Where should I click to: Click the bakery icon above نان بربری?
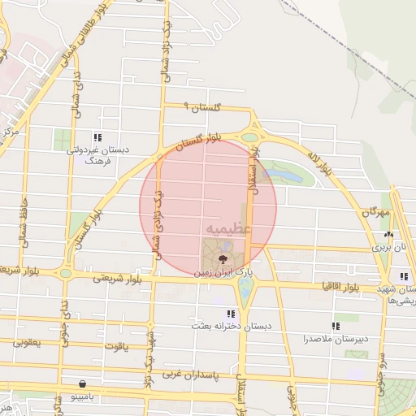click(388, 234)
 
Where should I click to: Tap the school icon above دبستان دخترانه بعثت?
click(232, 313)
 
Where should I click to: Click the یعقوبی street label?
click(27, 343)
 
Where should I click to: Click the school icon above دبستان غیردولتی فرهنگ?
click(97, 137)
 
